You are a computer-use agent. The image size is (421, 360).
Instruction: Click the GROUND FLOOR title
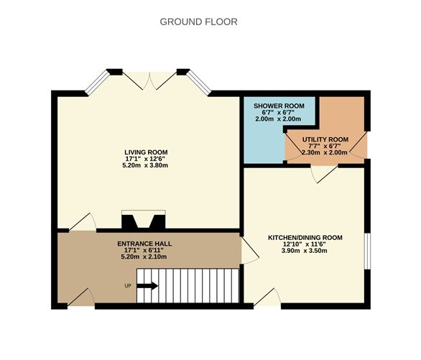pos(198,22)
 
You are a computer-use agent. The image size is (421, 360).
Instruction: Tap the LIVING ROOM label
pos(146,152)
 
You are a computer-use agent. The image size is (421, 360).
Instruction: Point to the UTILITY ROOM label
pos(325,139)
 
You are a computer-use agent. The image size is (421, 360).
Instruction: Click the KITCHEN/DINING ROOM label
pos(305,237)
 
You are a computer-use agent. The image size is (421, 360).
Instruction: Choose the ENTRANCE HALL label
pos(144,244)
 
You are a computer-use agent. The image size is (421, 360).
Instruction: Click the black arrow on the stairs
pos(147,286)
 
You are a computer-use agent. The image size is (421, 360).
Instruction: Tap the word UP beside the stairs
pos(128,286)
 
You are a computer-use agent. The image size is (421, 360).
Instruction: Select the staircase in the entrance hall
pos(188,287)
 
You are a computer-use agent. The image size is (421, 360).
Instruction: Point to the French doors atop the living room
pos(148,80)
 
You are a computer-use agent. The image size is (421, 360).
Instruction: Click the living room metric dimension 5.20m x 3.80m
pos(146,166)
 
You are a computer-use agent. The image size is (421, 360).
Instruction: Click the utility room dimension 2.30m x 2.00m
pos(325,152)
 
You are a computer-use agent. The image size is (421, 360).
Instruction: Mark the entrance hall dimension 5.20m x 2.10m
pos(144,257)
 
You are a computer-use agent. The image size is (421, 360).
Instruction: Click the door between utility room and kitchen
pos(323,172)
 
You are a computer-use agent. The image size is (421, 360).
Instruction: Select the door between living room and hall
pos(82,223)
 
